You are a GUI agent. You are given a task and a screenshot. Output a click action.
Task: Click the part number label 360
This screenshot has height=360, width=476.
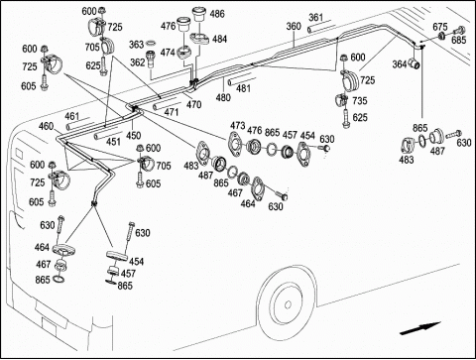pyautogui.click(x=294, y=26)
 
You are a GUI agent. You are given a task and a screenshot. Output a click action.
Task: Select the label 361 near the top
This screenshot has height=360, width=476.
pyautogui.click(x=316, y=17)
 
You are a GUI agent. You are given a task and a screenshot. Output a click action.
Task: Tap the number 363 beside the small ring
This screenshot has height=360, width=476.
pyautogui.click(x=136, y=45)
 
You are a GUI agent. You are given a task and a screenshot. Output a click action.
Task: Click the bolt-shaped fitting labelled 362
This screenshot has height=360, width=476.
pyautogui.click(x=151, y=59)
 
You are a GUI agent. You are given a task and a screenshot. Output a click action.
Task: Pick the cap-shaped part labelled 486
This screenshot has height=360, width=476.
pyautogui.click(x=198, y=15)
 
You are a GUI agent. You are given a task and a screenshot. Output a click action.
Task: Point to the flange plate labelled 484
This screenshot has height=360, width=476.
pyautogui.click(x=199, y=38)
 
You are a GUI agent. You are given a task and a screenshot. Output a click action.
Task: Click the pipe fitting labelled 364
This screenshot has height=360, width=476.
pyautogui.click(x=415, y=62)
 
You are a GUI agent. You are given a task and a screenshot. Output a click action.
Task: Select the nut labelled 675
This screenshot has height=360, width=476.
pyautogui.click(x=441, y=36)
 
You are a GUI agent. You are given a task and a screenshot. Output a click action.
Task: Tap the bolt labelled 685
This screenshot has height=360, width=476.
pyautogui.click(x=459, y=31)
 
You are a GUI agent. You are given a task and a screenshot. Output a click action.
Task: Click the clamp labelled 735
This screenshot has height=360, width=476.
pyautogui.click(x=341, y=99)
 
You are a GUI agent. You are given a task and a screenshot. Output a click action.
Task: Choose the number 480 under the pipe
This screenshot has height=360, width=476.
pyautogui.click(x=223, y=97)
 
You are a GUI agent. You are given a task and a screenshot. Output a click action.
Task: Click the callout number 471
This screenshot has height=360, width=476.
pyautogui.click(x=172, y=112)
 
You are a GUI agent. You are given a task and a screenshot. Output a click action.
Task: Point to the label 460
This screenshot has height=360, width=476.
pyautogui.click(x=46, y=126)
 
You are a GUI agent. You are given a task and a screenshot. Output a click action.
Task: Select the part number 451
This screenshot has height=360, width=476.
pyautogui.click(x=113, y=142)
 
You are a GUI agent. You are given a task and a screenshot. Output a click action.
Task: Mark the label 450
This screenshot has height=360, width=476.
pyautogui.click(x=133, y=135)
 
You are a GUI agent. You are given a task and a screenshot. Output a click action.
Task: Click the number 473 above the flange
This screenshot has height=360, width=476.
pyautogui.click(x=238, y=126)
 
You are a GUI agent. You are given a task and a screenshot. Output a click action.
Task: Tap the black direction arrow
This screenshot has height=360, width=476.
pyautogui.click(x=419, y=328)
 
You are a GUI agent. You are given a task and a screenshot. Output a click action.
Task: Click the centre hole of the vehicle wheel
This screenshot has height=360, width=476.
pyautogui.click(x=288, y=304)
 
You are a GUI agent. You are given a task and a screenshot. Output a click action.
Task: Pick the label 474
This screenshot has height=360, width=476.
pyautogui.click(x=168, y=53)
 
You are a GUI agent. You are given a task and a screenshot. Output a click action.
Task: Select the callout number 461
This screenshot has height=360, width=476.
pyautogui.click(x=71, y=116)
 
